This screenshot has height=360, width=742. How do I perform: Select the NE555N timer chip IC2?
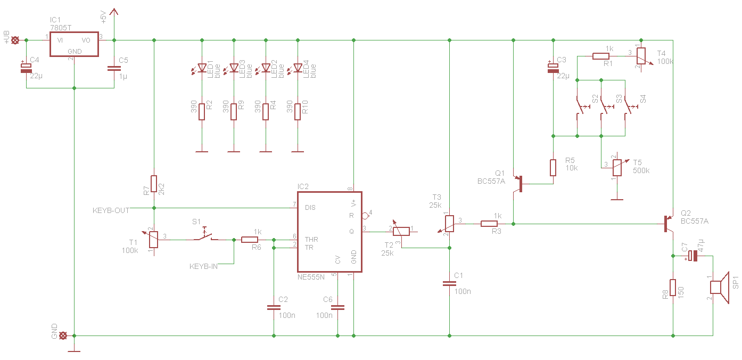[329, 232]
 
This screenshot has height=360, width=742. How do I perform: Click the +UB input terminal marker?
[15, 40]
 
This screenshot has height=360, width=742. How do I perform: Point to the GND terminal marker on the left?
[63, 336]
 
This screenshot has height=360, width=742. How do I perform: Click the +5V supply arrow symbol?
[114, 12]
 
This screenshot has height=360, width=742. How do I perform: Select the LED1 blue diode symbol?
[202, 68]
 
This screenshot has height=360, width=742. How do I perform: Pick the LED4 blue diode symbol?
[298, 68]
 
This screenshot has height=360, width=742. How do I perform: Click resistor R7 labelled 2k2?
[154, 184]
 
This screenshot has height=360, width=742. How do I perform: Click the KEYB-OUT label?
[111, 210]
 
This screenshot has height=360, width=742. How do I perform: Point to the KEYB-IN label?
[203, 266]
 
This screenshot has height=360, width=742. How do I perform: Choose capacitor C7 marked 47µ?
[691, 256]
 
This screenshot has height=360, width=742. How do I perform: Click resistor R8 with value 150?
[673, 288]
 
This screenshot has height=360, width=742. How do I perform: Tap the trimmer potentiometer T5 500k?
[617, 167]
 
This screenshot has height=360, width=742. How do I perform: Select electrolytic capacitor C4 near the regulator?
[26, 67]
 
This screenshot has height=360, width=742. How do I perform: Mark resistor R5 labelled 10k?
[553, 167]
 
